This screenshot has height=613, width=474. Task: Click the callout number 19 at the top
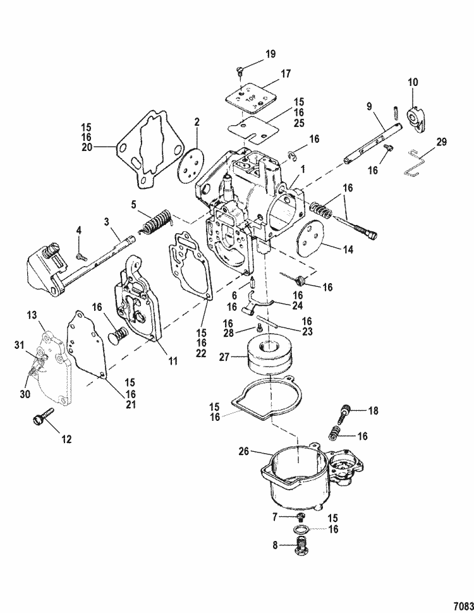coord(270,54)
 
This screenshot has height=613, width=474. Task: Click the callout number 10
coord(413,82)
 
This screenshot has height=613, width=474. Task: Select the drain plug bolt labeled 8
coord(307,545)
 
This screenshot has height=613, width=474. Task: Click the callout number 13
coord(32,315)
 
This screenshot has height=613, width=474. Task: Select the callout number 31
coord(19,344)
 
